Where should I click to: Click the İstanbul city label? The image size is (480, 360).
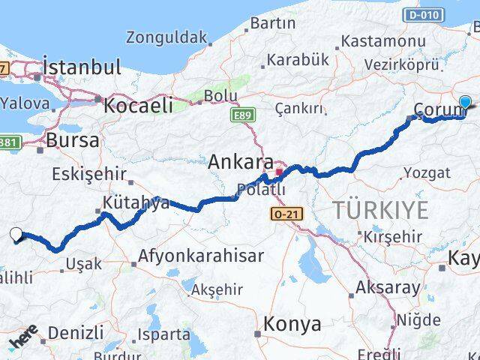pos(82,67)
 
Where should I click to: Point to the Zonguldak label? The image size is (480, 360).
pos(166,37)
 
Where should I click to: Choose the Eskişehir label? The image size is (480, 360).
pos(88,174)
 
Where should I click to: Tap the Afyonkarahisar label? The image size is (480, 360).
pos(200,256)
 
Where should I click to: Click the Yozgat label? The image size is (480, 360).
pos(427,173)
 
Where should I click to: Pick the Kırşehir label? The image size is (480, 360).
pos(393,236)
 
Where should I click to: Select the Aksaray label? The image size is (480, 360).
pos(388,287)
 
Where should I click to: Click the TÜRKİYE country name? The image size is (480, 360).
pos(382,209)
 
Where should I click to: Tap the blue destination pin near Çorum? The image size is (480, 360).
pos(465,103)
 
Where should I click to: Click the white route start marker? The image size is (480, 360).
pos(17,235)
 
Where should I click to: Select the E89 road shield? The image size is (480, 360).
pos(241,115)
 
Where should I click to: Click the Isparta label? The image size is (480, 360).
pos(163,334)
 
